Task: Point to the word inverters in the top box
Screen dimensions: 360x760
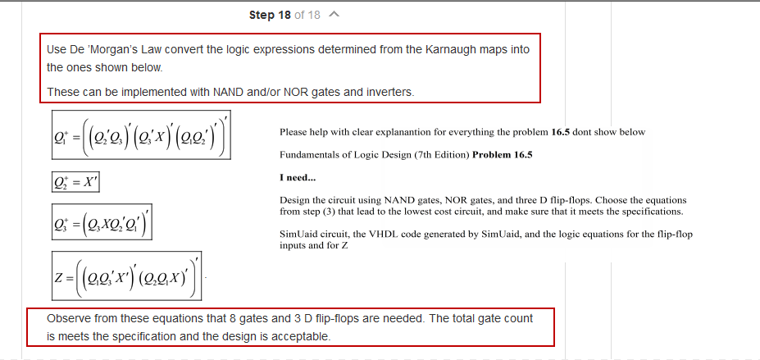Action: pyautogui.click(x=386, y=92)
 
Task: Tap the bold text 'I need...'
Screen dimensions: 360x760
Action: pyautogui.click(x=297, y=178)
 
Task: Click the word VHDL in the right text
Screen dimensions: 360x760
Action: pyautogui.click(x=384, y=235)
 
